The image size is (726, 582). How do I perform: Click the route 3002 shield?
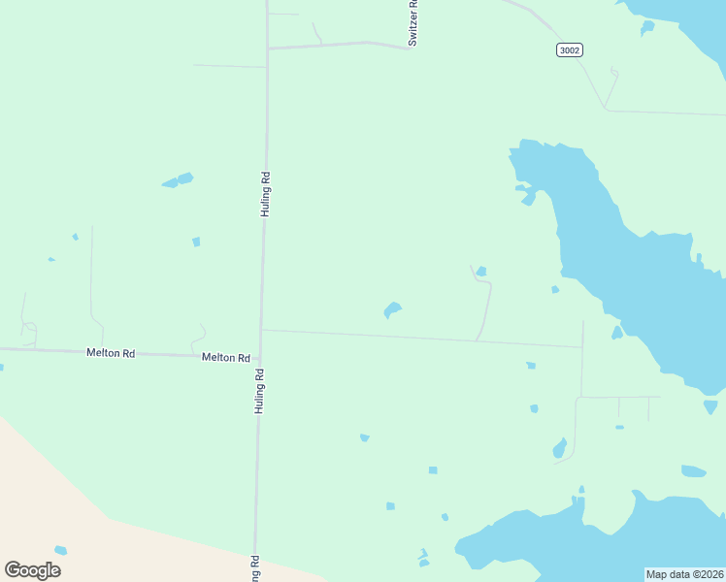click(x=570, y=49)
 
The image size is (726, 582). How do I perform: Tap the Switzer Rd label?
click(x=412, y=23)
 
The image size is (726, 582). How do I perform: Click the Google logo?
click(x=32, y=569)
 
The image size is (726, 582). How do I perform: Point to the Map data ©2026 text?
click(x=684, y=574)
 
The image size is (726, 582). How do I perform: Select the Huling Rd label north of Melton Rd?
click(x=265, y=194)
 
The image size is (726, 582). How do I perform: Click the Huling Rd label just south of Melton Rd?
click(x=260, y=391)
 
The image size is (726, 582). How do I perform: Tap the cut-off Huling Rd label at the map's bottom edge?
click(x=256, y=569)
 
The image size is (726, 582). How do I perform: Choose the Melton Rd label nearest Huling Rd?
click(x=225, y=357)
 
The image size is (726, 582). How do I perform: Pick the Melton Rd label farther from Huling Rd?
click(x=110, y=353)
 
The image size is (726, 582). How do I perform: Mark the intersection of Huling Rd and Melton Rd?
click(x=260, y=356)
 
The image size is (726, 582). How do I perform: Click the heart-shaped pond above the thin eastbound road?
click(x=392, y=310)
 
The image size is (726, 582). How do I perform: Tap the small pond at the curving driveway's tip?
click(x=481, y=271)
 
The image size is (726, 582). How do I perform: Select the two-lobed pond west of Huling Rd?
click(x=178, y=180)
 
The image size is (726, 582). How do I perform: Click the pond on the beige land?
click(x=61, y=550)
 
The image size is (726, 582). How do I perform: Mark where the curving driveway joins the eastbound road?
click(x=476, y=340)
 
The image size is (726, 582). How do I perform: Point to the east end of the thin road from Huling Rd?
click(x=582, y=346)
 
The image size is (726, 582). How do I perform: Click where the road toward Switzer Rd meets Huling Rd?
click(x=267, y=48)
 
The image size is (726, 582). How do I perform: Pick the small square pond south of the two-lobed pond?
click(x=196, y=242)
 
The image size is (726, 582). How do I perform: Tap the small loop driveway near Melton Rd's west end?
click(x=29, y=329)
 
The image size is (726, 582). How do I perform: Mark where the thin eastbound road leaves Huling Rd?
click(x=261, y=330)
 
